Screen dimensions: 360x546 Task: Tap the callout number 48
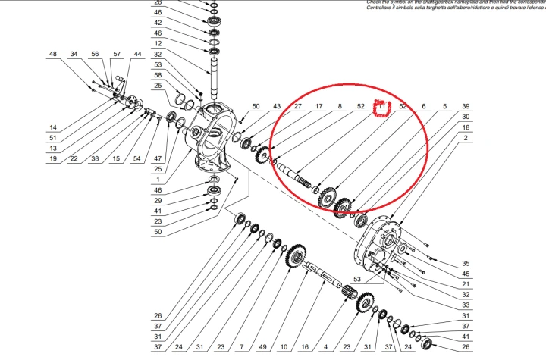point(53,55)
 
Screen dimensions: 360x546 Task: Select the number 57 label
point(117,55)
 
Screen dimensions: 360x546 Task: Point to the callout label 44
point(137,55)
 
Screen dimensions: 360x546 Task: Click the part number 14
point(53,127)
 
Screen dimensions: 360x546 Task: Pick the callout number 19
point(53,158)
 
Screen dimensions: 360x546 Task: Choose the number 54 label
point(136,158)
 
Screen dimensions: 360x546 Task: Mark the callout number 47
point(157,158)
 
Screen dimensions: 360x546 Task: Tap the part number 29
point(157,200)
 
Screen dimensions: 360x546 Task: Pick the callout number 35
point(466,264)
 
